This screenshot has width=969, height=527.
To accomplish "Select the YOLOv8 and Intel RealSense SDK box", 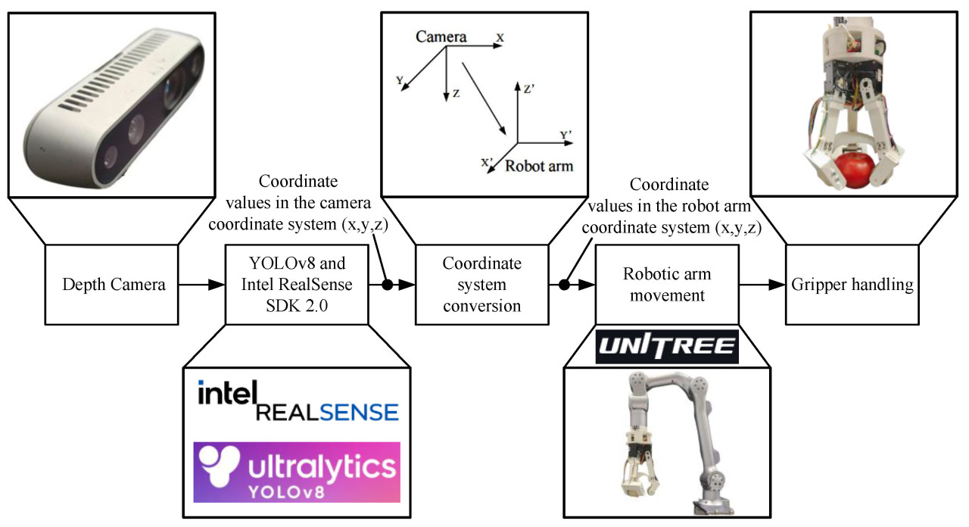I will click(x=297, y=285).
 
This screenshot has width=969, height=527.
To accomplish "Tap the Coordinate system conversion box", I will click(x=482, y=285).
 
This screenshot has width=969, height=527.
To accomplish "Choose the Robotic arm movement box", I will click(x=667, y=285).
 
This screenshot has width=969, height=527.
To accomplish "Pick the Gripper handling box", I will click(x=852, y=285).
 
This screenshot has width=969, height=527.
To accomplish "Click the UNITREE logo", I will click(x=667, y=347).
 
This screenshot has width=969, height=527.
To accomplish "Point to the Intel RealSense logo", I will click(x=298, y=402).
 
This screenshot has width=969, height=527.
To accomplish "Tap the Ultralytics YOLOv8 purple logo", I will click(x=298, y=471).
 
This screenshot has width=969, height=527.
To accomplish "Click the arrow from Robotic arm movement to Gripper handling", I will click(x=762, y=285).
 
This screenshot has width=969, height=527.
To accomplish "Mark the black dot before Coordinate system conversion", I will click(x=386, y=285).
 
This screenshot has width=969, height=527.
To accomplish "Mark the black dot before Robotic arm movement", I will click(x=564, y=285).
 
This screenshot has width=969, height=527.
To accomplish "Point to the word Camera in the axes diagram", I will click(x=441, y=36).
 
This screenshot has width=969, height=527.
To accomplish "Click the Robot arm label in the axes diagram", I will click(x=539, y=166).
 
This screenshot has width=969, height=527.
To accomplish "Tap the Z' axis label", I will click(x=530, y=89).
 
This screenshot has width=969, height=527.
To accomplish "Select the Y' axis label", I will click(x=566, y=135).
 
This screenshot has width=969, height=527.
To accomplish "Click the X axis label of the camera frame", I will click(x=500, y=36).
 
